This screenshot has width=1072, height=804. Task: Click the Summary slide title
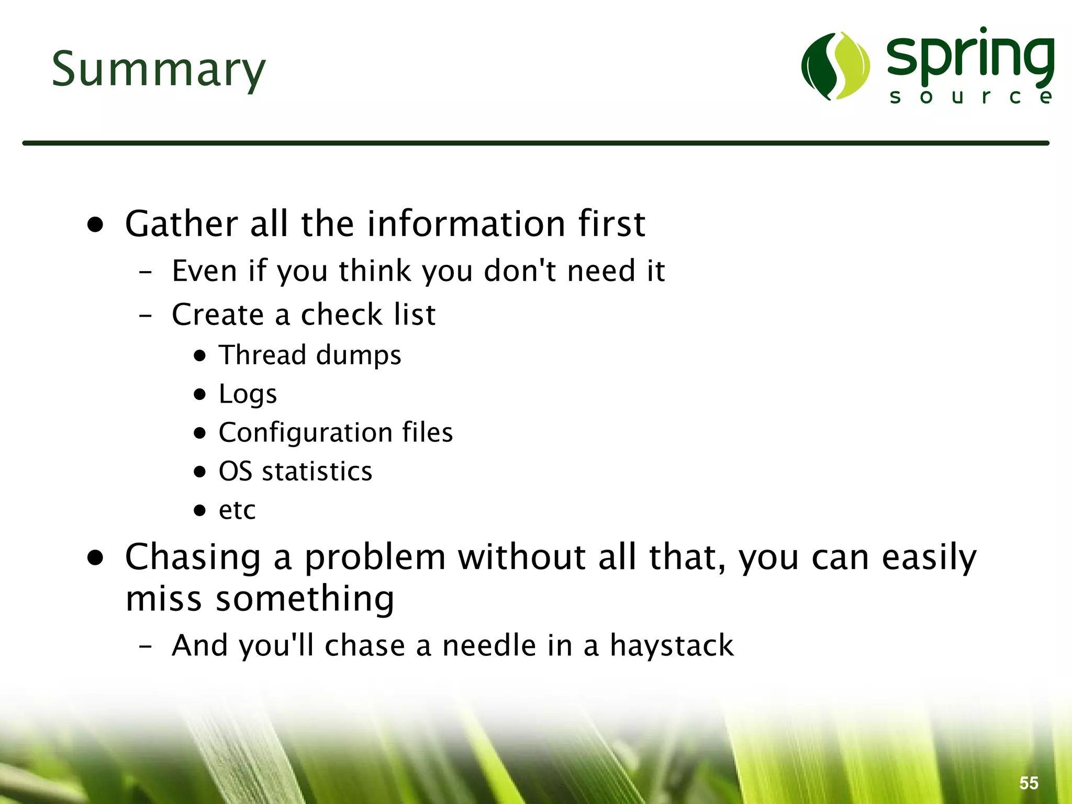click(159, 70)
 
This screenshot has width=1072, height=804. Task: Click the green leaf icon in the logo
click(835, 66)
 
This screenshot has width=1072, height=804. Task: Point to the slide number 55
click(1029, 783)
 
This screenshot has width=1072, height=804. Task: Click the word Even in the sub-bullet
click(204, 271)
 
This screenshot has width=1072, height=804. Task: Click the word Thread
click(262, 355)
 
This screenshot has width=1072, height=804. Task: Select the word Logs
click(248, 394)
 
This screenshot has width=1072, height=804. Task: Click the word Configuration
click(306, 433)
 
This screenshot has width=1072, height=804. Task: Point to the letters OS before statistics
click(235, 471)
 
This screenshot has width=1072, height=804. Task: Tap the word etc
click(237, 510)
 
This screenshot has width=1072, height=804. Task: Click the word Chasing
click(193, 557)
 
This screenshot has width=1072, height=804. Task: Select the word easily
click(929, 558)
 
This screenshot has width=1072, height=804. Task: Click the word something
click(305, 599)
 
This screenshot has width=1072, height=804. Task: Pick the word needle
click(489, 645)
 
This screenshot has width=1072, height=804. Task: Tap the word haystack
click(672, 645)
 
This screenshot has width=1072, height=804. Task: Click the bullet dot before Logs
click(199, 394)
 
